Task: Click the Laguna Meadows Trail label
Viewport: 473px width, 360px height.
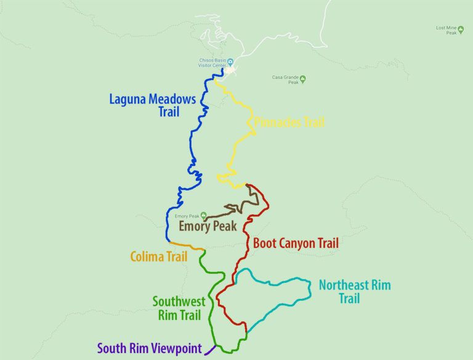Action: coord(152,105)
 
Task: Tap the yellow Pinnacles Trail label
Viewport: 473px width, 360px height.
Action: coord(289,122)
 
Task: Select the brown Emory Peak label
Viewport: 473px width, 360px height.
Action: coord(208,226)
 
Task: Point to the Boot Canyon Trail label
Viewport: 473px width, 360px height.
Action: coord(296,243)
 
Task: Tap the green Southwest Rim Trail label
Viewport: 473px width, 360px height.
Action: coord(178,308)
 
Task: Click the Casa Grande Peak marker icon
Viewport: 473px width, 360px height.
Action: coord(302,78)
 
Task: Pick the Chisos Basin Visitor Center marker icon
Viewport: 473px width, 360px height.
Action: coord(230,61)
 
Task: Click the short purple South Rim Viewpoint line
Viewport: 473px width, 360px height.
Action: coord(210,350)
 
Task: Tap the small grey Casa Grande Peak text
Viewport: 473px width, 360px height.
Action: coord(285,80)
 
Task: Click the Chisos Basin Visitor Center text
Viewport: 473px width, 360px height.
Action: coord(212,63)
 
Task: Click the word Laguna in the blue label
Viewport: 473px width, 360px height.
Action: coord(130,99)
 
